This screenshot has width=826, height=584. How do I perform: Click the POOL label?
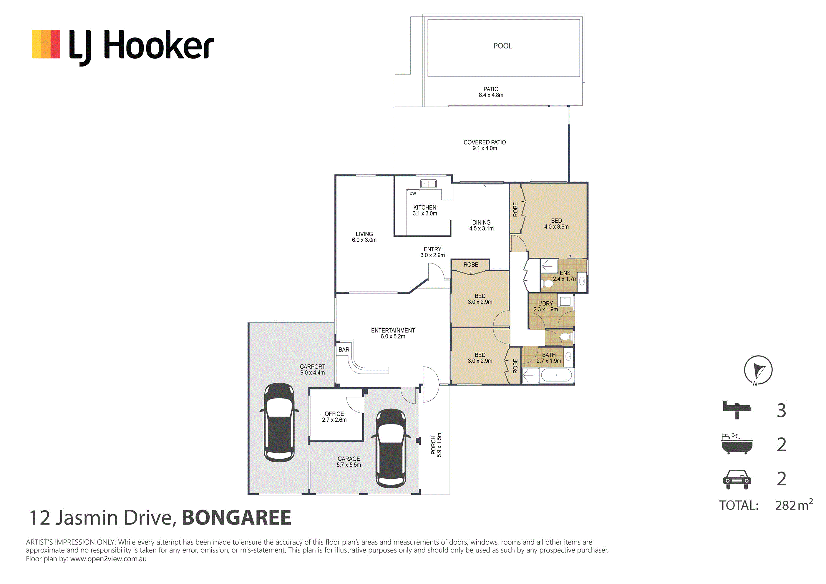(x=502, y=46)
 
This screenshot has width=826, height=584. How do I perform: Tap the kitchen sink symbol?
(x=429, y=184)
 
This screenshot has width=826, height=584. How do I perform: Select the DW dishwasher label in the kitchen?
(x=413, y=194)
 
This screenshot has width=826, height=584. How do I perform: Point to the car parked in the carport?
(x=279, y=422)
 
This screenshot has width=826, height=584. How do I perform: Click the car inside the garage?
(x=391, y=449)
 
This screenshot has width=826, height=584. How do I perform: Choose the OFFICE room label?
(x=334, y=414)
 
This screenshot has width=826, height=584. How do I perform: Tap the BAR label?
(x=344, y=349)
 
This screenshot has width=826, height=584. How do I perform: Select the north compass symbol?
(x=758, y=370)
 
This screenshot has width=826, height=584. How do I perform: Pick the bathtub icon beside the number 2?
(x=737, y=444)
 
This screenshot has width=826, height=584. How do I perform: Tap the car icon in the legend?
(x=737, y=479)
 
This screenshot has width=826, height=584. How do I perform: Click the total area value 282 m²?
(x=794, y=505)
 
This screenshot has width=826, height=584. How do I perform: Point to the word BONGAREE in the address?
(x=236, y=518)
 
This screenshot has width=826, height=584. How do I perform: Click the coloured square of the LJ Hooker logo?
(x=46, y=44)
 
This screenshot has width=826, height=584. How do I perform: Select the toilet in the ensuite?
(x=548, y=283)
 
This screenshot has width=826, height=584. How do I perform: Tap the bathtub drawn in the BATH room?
(x=556, y=376)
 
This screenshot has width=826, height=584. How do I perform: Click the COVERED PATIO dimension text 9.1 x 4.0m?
(x=485, y=148)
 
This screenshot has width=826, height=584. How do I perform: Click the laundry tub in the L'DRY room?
(x=565, y=301)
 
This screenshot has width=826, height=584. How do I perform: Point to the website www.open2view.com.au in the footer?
(x=108, y=559)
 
